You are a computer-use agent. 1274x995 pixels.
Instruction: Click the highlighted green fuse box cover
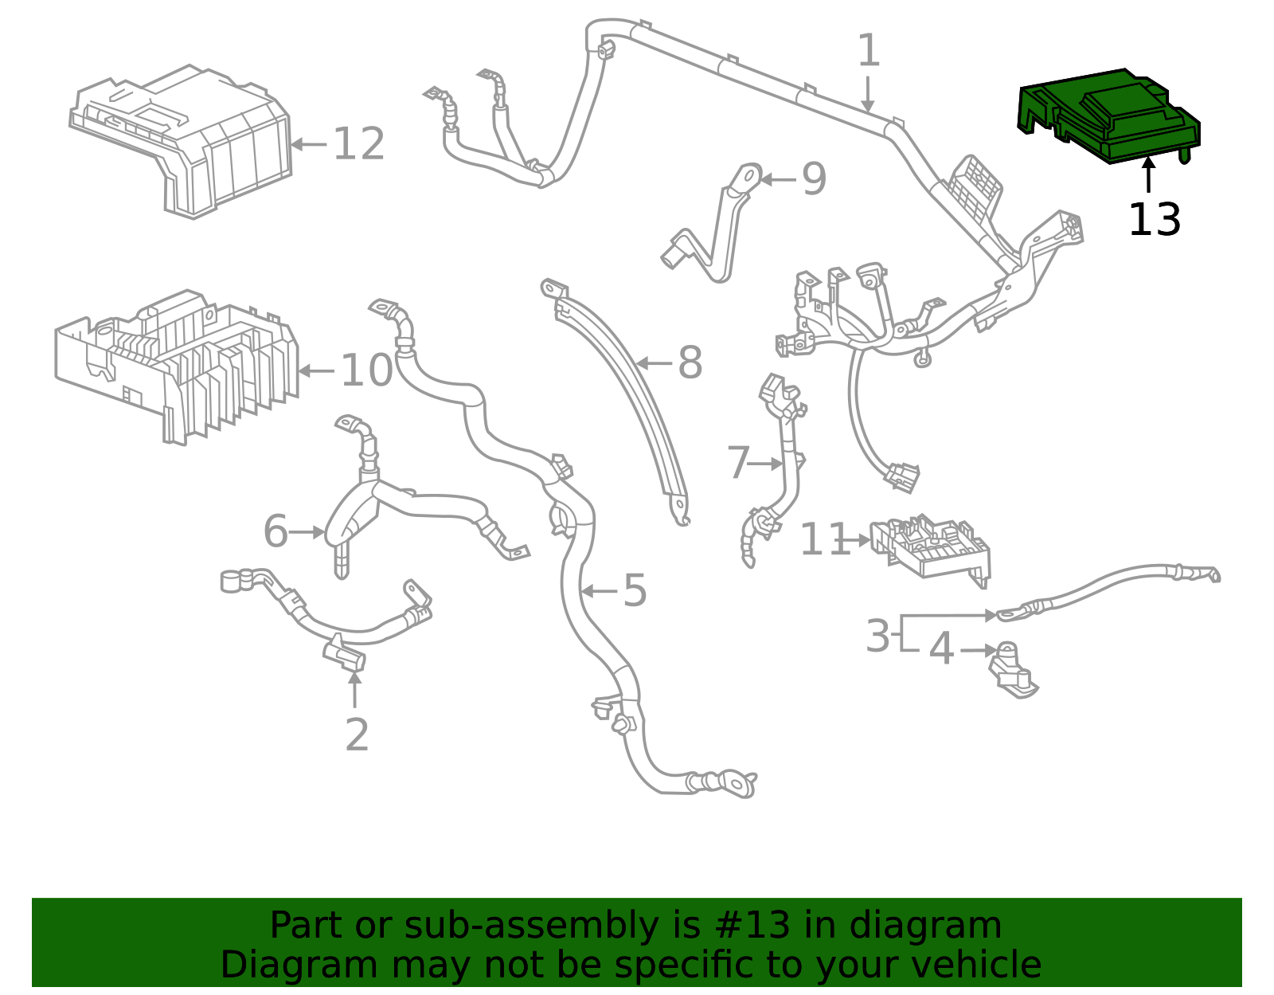(x=1111, y=116)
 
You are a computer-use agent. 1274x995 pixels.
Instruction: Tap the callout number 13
(x=1154, y=219)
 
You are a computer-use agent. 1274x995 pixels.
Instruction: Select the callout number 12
(x=358, y=145)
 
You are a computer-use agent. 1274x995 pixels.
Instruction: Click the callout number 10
(x=366, y=370)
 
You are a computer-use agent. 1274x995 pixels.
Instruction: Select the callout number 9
(x=814, y=179)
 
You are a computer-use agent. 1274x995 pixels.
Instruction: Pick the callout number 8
(x=690, y=363)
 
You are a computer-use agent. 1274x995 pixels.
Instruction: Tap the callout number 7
(x=738, y=463)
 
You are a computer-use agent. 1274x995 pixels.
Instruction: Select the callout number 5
(x=635, y=590)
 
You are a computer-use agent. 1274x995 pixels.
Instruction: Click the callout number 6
(x=276, y=531)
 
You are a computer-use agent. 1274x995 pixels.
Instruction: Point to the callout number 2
(x=357, y=734)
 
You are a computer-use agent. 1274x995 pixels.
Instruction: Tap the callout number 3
(x=877, y=636)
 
